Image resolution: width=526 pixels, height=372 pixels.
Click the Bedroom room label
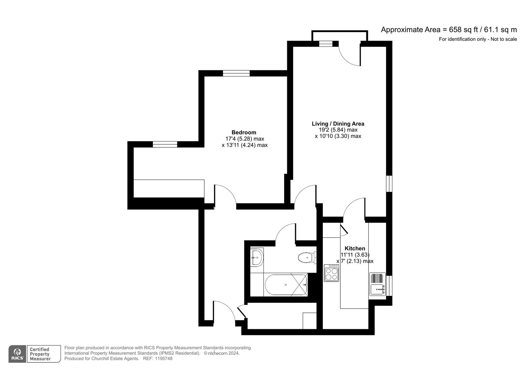coord(244,132)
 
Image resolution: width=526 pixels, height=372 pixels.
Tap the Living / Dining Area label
coord(338,124)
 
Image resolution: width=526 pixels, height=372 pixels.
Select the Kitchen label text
coord(354,248)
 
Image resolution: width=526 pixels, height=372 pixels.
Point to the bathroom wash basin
coord(257,257)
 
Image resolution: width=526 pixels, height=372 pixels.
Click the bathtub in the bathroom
coord(286,285)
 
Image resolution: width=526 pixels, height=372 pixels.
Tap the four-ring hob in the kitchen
coord(331,273)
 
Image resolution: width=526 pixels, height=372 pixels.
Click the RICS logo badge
coord(17,354)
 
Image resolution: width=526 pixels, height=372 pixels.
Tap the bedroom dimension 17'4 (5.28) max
coord(245,139)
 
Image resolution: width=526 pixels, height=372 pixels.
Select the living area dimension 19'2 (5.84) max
coord(338,130)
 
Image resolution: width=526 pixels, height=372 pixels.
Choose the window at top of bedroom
coord(236,73)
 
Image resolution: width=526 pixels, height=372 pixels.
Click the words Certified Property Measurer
coord(40,354)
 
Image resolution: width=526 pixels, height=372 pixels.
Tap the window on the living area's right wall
coord(389,183)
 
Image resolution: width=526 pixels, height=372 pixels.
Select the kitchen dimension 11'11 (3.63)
coord(355,255)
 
